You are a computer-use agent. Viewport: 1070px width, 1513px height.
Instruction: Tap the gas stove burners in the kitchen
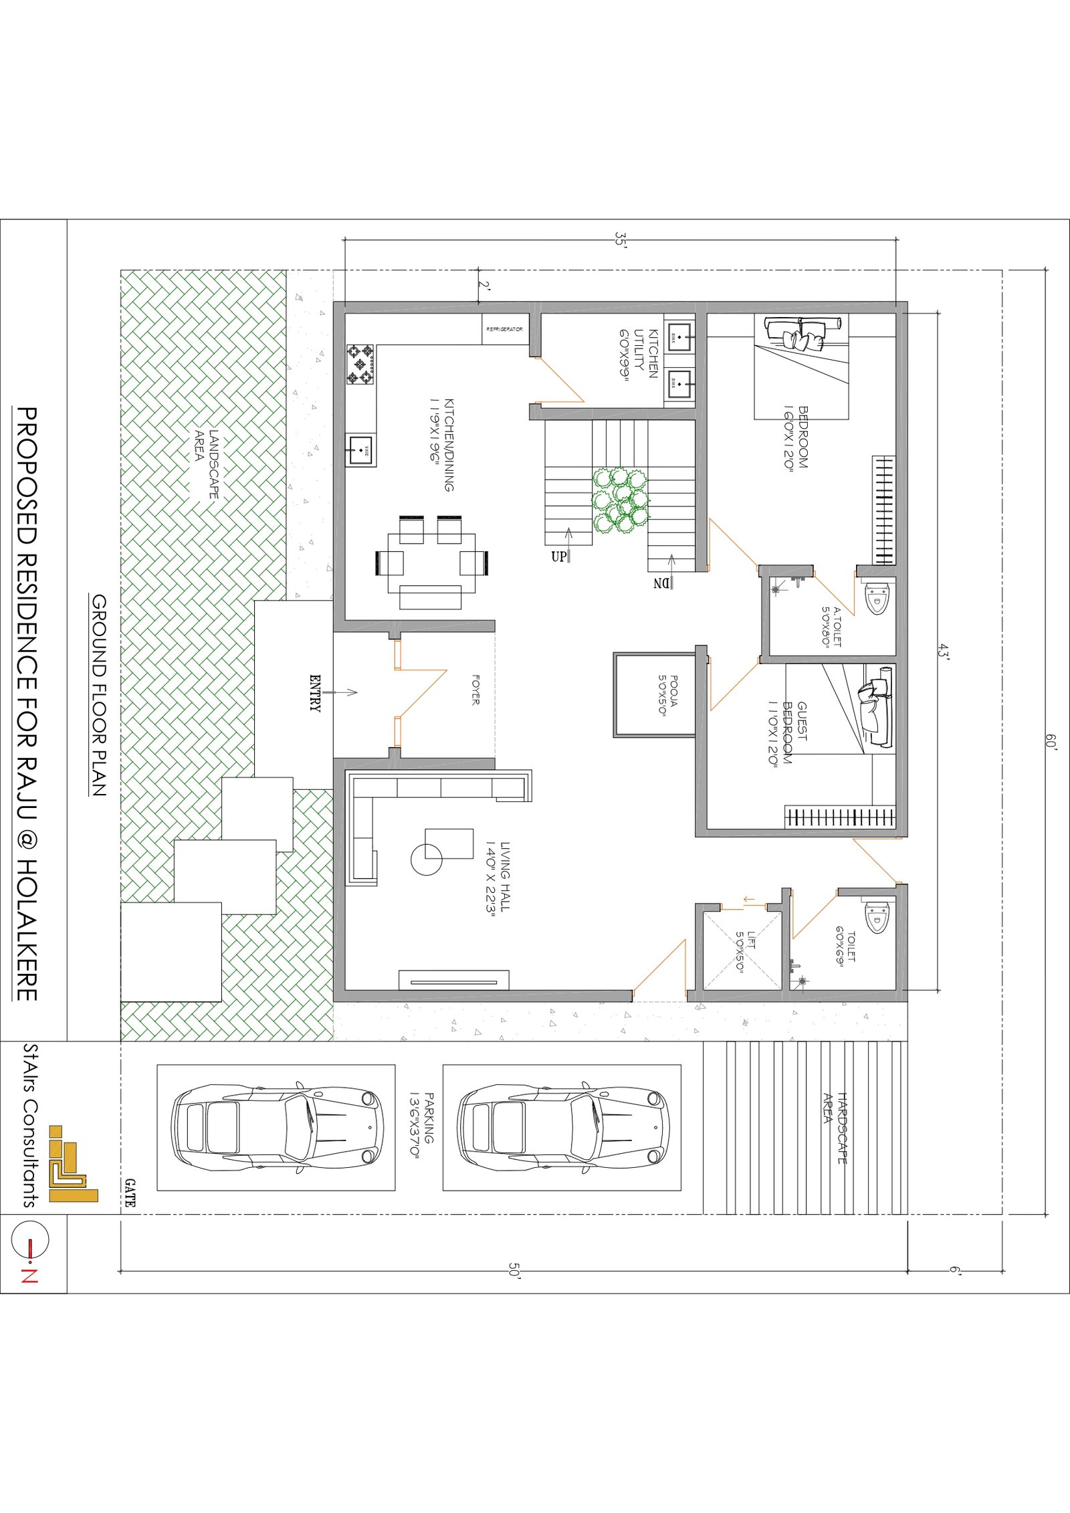[361, 365]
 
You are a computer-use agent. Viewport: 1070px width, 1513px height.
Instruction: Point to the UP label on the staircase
[558, 556]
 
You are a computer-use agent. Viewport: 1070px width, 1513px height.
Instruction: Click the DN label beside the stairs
[661, 583]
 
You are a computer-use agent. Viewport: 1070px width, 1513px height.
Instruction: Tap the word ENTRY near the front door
[315, 693]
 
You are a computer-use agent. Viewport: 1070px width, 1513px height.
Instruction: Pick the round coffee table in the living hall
[426, 859]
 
